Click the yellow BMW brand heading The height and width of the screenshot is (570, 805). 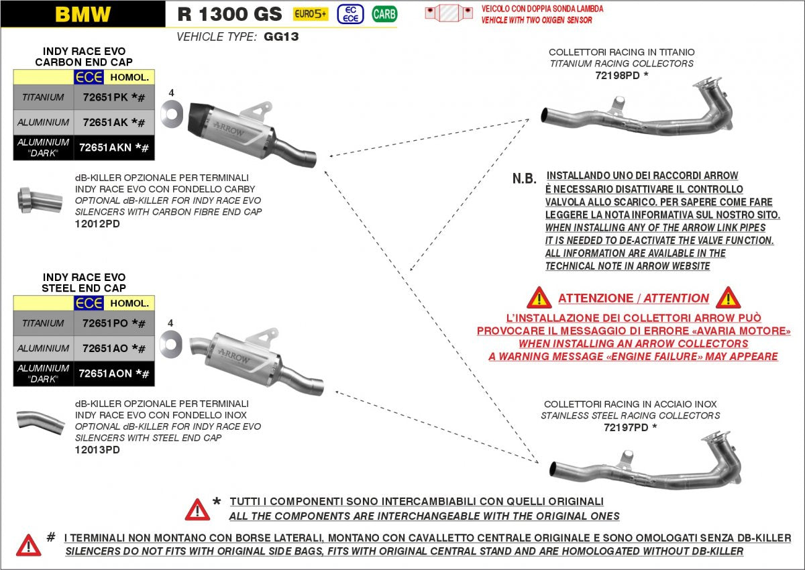(83, 14)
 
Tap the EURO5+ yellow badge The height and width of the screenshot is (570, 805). (311, 13)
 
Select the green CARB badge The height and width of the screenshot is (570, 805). (384, 13)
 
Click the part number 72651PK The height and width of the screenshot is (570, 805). (105, 97)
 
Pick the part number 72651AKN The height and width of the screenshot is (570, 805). (107, 148)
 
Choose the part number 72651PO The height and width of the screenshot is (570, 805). (105, 323)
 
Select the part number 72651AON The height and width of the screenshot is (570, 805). (107, 374)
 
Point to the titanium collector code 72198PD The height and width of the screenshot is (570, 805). (617, 75)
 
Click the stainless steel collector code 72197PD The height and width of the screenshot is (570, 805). (625, 427)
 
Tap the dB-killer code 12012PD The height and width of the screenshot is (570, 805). (97, 223)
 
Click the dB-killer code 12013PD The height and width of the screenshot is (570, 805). (97, 450)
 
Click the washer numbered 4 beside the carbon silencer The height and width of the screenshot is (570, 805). (172, 115)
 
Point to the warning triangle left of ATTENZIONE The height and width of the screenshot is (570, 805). (539, 298)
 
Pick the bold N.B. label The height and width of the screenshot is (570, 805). (524, 178)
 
